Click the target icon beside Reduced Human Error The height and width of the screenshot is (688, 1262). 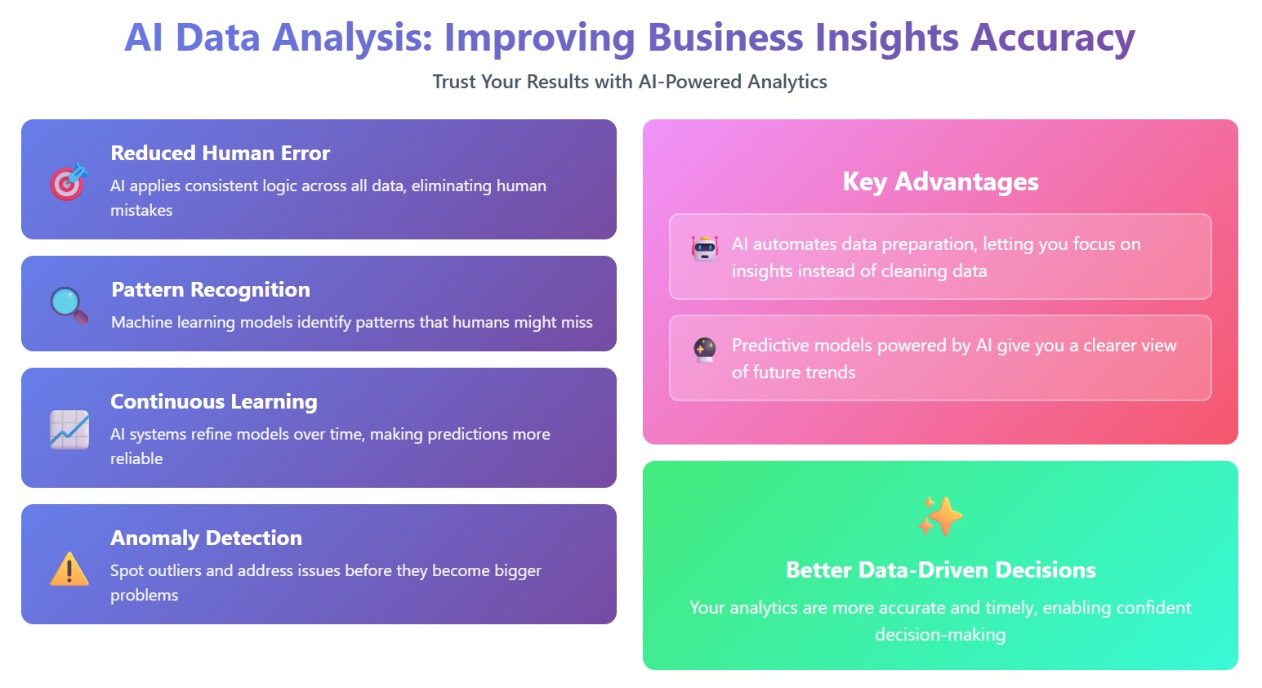[x=69, y=181]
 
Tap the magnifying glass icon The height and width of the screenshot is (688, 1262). [x=69, y=306]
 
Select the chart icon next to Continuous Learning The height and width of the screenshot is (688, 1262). [x=69, y=429]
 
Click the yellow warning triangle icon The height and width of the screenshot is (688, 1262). [x=69, y=569]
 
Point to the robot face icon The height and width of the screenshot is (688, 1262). [x=705, y=248]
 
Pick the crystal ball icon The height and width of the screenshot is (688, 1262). [x=705, y=350]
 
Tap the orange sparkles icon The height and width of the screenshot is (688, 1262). [x=940, y=516]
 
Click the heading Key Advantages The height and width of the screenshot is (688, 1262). [x=940, y=181]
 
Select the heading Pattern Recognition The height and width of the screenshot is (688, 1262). [x=211, y=289]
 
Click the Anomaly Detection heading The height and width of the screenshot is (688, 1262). [x=206, y=538]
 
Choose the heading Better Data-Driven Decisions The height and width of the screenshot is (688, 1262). [x=941, y=570]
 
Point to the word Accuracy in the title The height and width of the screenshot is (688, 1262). [x=1052, y=38]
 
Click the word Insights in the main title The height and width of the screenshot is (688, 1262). [x=887, y=38]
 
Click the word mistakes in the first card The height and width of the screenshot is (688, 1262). [x=141, y=210]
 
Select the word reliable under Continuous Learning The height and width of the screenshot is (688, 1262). [x=136, y=458]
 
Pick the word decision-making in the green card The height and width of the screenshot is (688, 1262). [x=940, y=635]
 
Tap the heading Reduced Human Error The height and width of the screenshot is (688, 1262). [x=221, y=154]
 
